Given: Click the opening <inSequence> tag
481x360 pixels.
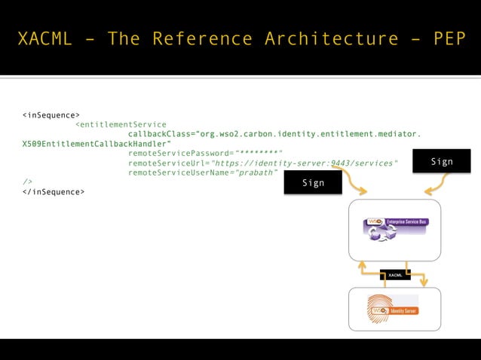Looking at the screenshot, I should tap(51, 115).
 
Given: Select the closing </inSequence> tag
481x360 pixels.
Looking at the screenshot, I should tap(54, 192).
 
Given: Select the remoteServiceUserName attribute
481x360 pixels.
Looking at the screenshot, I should tap(181, 172).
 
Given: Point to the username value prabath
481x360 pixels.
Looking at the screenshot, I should tap(257, 172).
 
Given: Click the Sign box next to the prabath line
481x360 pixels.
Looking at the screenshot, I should tap(313, 182).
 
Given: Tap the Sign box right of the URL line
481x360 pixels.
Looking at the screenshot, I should tap(442, 161).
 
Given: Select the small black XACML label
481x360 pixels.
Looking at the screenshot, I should tap(395, 275).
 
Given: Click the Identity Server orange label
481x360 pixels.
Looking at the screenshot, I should tap(404, 310).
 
